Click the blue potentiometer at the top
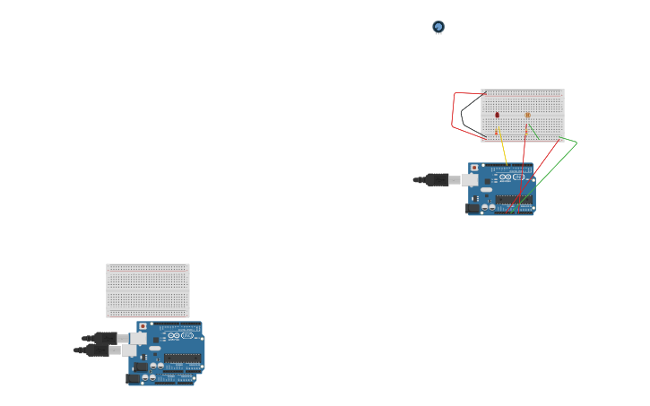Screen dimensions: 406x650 tap(438, 28)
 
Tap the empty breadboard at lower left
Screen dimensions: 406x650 tap(148, 290)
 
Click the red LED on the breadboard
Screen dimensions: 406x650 tap(498, 115)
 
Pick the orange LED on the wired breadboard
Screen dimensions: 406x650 tap(528, 115)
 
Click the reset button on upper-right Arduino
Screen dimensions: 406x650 tap(473, 168)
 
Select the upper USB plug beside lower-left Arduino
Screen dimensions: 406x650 tap(105, 338)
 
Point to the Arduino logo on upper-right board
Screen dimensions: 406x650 tap(505, 177)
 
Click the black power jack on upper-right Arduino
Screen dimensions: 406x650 tap(472, 208)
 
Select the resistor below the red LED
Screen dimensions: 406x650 tap(497, 132)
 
